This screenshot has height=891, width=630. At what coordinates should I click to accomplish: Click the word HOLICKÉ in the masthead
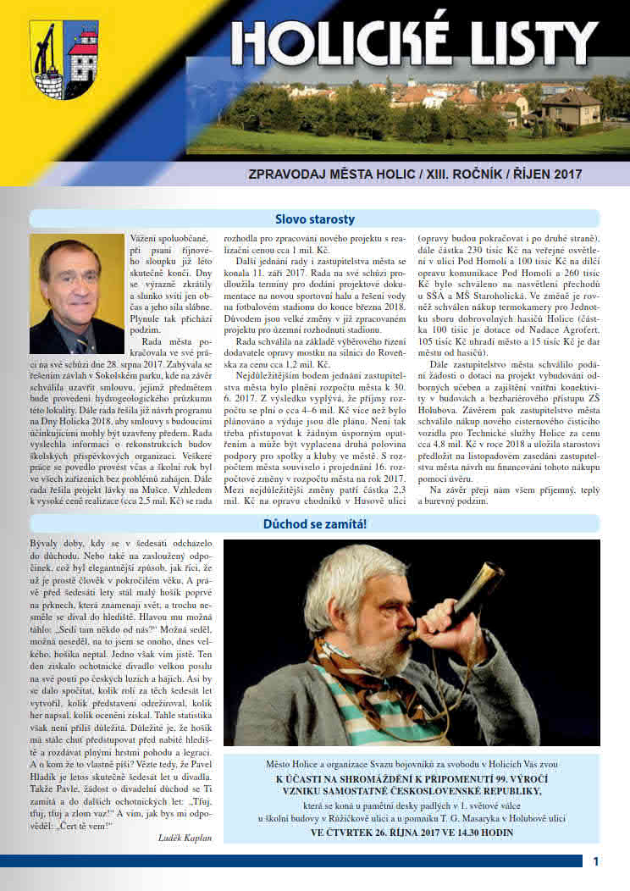tap(347, 42)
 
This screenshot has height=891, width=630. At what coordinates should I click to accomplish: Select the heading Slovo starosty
tap(314, 219)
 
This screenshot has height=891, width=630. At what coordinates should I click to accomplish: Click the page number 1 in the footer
tap(596, 861)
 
